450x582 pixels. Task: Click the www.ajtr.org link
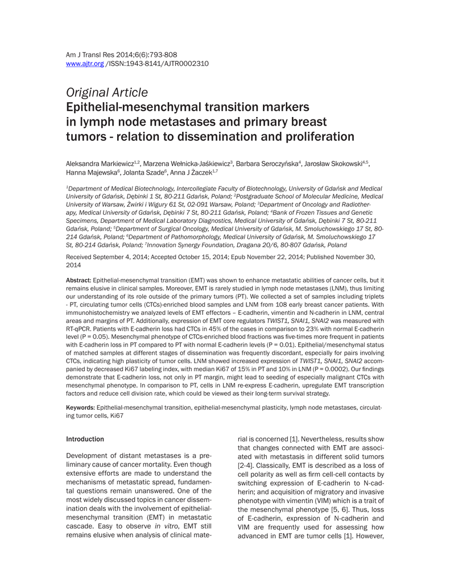85,64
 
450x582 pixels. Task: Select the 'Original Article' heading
107,92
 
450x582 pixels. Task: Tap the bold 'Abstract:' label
79,280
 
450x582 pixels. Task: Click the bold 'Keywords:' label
81,408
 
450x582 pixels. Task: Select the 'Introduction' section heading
85,439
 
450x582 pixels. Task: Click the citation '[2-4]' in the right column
245,465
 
